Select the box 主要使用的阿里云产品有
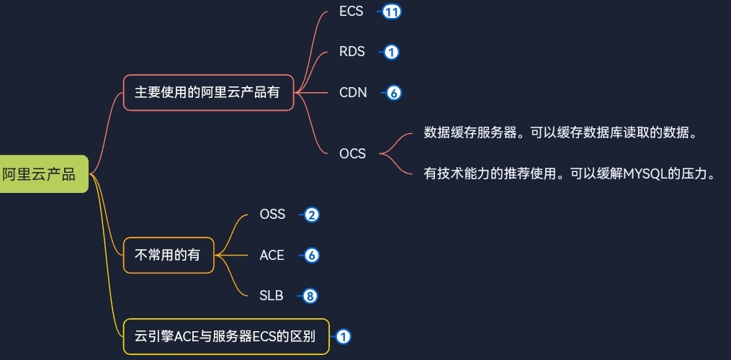208,93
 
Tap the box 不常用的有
169,255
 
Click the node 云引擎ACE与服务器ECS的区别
225,336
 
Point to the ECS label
351,12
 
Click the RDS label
352,52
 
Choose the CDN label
353,92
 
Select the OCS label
352,153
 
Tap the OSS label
272,215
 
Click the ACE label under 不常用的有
272,255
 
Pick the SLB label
272,295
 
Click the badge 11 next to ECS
392,12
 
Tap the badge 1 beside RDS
391,52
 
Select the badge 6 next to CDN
393,92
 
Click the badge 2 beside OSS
311,215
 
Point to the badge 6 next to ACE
311,255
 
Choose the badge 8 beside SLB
310,295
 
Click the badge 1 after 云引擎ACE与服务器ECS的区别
343,336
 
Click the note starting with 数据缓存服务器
560,133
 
